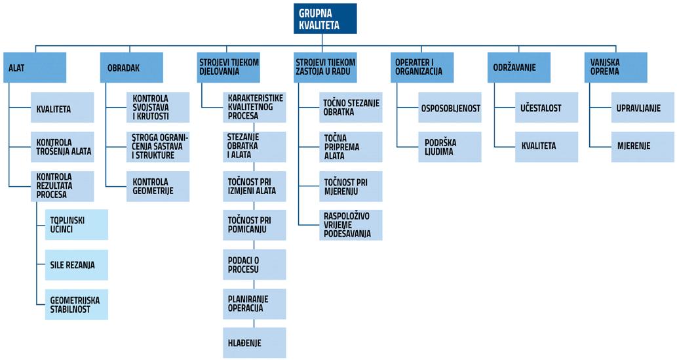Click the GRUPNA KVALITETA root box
point(325,18)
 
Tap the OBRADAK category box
point(131,67)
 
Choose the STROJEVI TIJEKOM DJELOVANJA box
point(229,67)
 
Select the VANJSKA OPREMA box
point(615,67)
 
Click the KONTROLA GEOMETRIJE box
point(157,186)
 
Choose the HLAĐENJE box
point(254,342)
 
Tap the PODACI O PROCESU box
point(254,264)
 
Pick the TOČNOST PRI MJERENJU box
point(351,186)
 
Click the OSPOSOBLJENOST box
point(450,108)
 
